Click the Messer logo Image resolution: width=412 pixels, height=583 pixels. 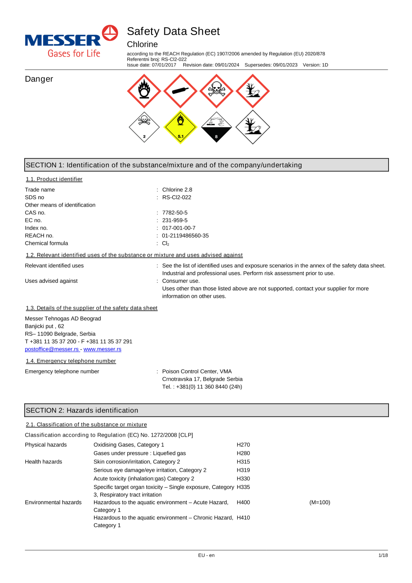click(71, 41)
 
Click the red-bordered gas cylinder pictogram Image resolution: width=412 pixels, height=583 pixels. click(180, 91)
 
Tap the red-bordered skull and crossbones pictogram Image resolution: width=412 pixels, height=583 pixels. click(216, 91)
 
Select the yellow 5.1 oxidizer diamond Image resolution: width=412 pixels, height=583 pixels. click(180, 127)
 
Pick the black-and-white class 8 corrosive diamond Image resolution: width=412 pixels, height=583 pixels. click(216, 127)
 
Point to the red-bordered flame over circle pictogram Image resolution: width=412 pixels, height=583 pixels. click(144, 91)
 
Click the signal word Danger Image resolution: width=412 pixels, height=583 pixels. click(39, 79)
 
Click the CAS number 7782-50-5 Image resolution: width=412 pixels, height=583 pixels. click(175, 213)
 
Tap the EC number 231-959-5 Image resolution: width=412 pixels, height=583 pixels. click(175, 221)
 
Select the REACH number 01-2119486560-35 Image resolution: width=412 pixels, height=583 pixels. click(185, 236)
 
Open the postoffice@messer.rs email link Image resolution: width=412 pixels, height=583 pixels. click(51, 349)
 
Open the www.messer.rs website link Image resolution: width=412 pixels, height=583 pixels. click(103, 349)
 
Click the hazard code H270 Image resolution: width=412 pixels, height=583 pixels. click(243, 445)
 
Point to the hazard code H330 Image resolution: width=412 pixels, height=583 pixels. click(243, 479)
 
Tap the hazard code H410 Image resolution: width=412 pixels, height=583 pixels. click(243, 518)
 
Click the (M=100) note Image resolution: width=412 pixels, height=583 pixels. click(320, 503)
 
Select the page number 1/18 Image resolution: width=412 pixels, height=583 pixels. click(383, 555)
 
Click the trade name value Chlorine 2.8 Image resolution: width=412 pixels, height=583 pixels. click(177, 190)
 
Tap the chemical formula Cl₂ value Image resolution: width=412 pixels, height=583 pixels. click(166, 244)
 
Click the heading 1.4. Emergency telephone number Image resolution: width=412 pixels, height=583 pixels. click(71, 361)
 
